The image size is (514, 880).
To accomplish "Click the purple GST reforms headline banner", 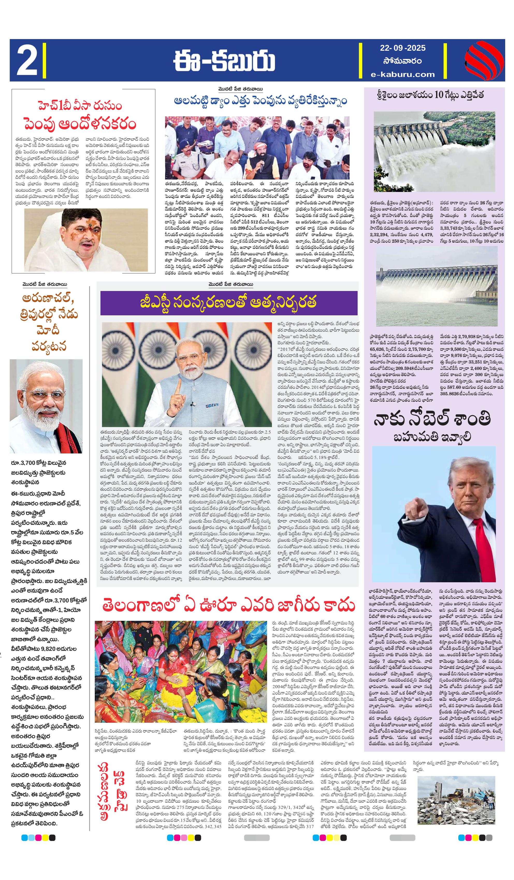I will tap(229, 303).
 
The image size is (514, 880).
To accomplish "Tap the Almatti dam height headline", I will tap(260, 101).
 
